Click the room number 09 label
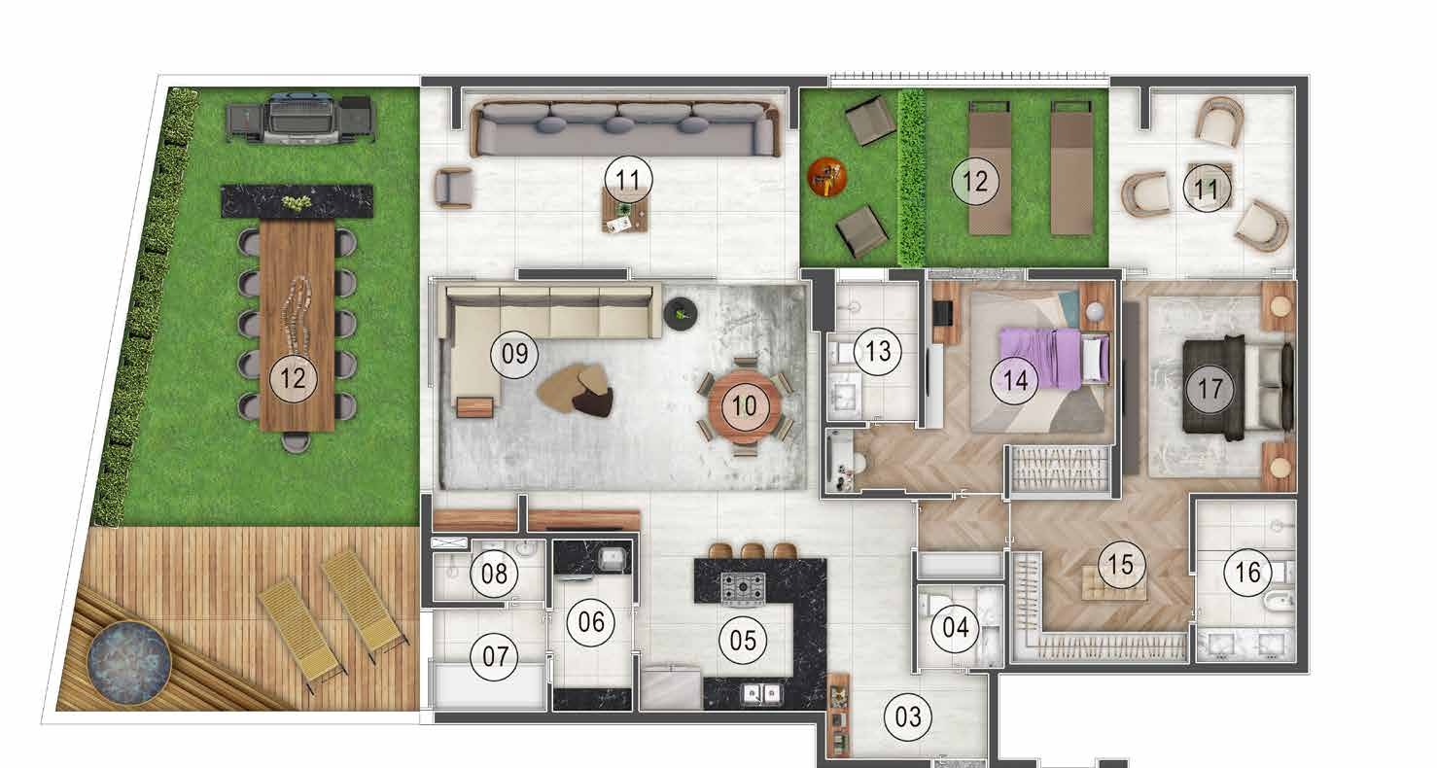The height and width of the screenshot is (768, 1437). tap(514, 354)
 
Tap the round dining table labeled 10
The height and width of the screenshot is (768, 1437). tap(745, 405)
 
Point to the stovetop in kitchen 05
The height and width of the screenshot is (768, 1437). tap(742, 589)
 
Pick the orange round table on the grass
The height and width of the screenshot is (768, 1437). tap(827, 177)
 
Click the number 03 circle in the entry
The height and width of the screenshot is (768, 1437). tap(907, 717)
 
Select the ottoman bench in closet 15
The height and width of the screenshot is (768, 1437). tap(1112, 582)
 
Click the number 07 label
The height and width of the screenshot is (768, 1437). tap(495, 656)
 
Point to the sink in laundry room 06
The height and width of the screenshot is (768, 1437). tap(612, 559)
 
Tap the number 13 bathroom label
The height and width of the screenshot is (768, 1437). tap(878, 351)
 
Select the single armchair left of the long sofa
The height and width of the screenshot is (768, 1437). tap(453, 188)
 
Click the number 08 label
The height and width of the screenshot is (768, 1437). tap(494, 574)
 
